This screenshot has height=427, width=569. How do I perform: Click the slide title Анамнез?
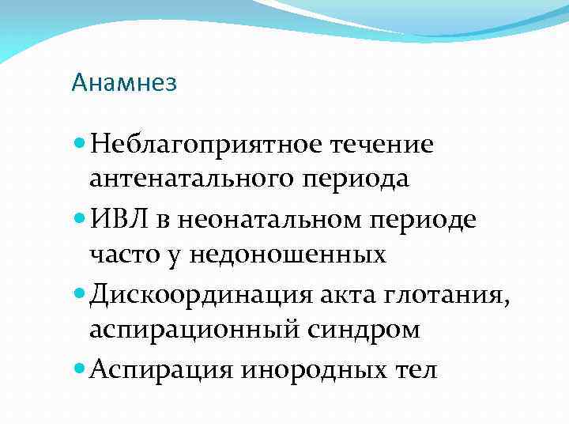(x=123, y=82)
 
